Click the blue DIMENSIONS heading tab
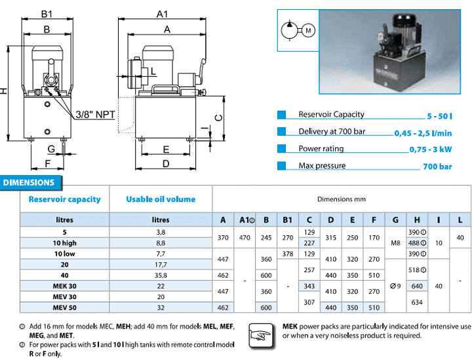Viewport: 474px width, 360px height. click(30, 183)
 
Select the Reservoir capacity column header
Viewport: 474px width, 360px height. click(64, 199)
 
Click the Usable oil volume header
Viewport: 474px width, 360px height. click(161, 199)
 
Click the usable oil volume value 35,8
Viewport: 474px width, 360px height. click(161, 275)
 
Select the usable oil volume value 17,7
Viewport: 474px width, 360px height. click(161, 264)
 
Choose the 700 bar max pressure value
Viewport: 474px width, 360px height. click(437, 167)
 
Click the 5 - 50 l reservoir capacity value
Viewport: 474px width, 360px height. click(440, 116)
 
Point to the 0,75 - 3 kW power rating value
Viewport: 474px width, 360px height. click(431, 150)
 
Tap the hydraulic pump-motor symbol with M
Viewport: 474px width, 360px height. click(297, 30)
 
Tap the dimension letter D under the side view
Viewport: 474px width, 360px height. click(166, 163)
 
